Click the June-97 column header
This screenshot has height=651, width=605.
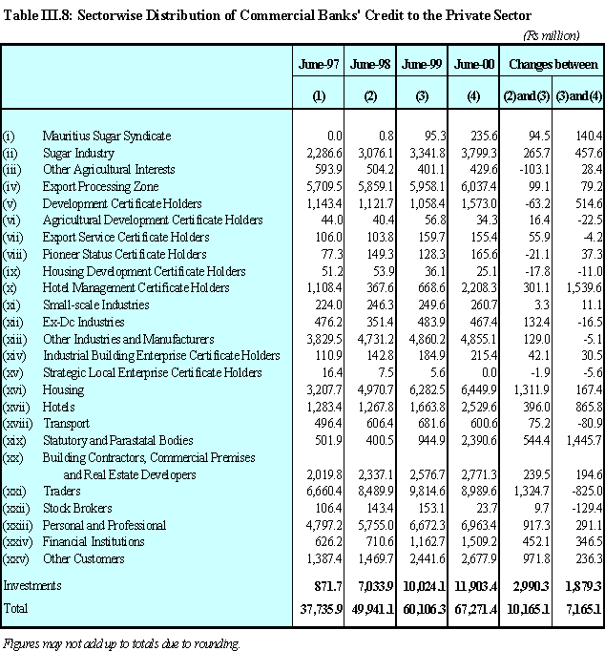pyautogui.click(x=319, y=64)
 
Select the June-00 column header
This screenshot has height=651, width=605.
pyautogui.click(x=474, y=64)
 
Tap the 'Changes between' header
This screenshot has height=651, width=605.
pyautogui.click(x=553, y=64)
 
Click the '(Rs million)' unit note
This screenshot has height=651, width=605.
pyautogui.click(x=552, y=35)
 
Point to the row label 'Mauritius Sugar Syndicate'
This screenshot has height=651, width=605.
pyautogui.click(x=107, y=136)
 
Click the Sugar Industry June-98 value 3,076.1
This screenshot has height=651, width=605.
pyautogui.click(x=375, y=153)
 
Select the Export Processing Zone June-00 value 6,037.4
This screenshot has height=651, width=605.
pyautogui.click(x=478, y=187)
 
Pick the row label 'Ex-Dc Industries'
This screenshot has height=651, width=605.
pyautogui.click(x=83, y=323)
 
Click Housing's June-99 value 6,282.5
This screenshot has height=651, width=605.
pyautogui.click(x=427, y=390)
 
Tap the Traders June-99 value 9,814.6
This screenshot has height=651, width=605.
pyautogui.click(x=427, y=492)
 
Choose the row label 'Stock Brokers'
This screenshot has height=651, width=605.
pyautogui.click(x=77, y=508)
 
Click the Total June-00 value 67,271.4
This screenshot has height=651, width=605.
pyautogui.click(x=475, y=609)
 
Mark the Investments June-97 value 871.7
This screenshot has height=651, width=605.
pyautogui.click(x=328, y=586)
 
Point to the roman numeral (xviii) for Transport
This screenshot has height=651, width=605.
pyautogui.click(x=17, y=424)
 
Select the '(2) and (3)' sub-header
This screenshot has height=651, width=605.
pyautogui.click(x=526, y=96)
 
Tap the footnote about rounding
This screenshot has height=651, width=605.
pyautogui.click(x=121, y=643)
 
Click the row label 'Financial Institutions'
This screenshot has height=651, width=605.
pyautogui.click(x=94, y=542)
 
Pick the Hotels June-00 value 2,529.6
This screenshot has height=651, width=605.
pyautogui.click(x=478, y=407)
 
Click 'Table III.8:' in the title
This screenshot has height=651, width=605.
pyautogui.click(x=38, y=15)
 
